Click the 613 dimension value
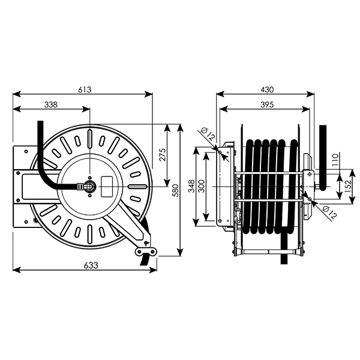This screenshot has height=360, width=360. click(x=85, y=89)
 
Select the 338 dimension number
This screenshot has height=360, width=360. click(x=51, y=104)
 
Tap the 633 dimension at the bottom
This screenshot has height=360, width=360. click(x=91, y=265)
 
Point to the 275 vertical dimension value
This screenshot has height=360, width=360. click(x=163, y=155)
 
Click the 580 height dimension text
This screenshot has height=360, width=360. click(x=176, y=190)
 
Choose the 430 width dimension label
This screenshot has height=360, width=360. click(x=267, y=89)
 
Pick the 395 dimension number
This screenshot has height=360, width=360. click(x=267, y=104)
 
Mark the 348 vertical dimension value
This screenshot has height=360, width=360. click(x=191, y=186)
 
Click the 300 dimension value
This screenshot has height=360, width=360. click(x=202, y=186)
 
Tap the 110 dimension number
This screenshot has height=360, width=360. click(x=335, y=160)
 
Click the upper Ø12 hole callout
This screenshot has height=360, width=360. click(x=208, y=134)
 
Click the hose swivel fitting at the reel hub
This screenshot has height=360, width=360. click(x=89, y=186)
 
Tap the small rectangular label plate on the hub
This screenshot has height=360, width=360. click(x=107, y=187)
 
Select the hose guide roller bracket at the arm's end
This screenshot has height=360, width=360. click(x=145, y=251)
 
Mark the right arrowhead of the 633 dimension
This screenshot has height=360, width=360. click(x=153, y=270)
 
